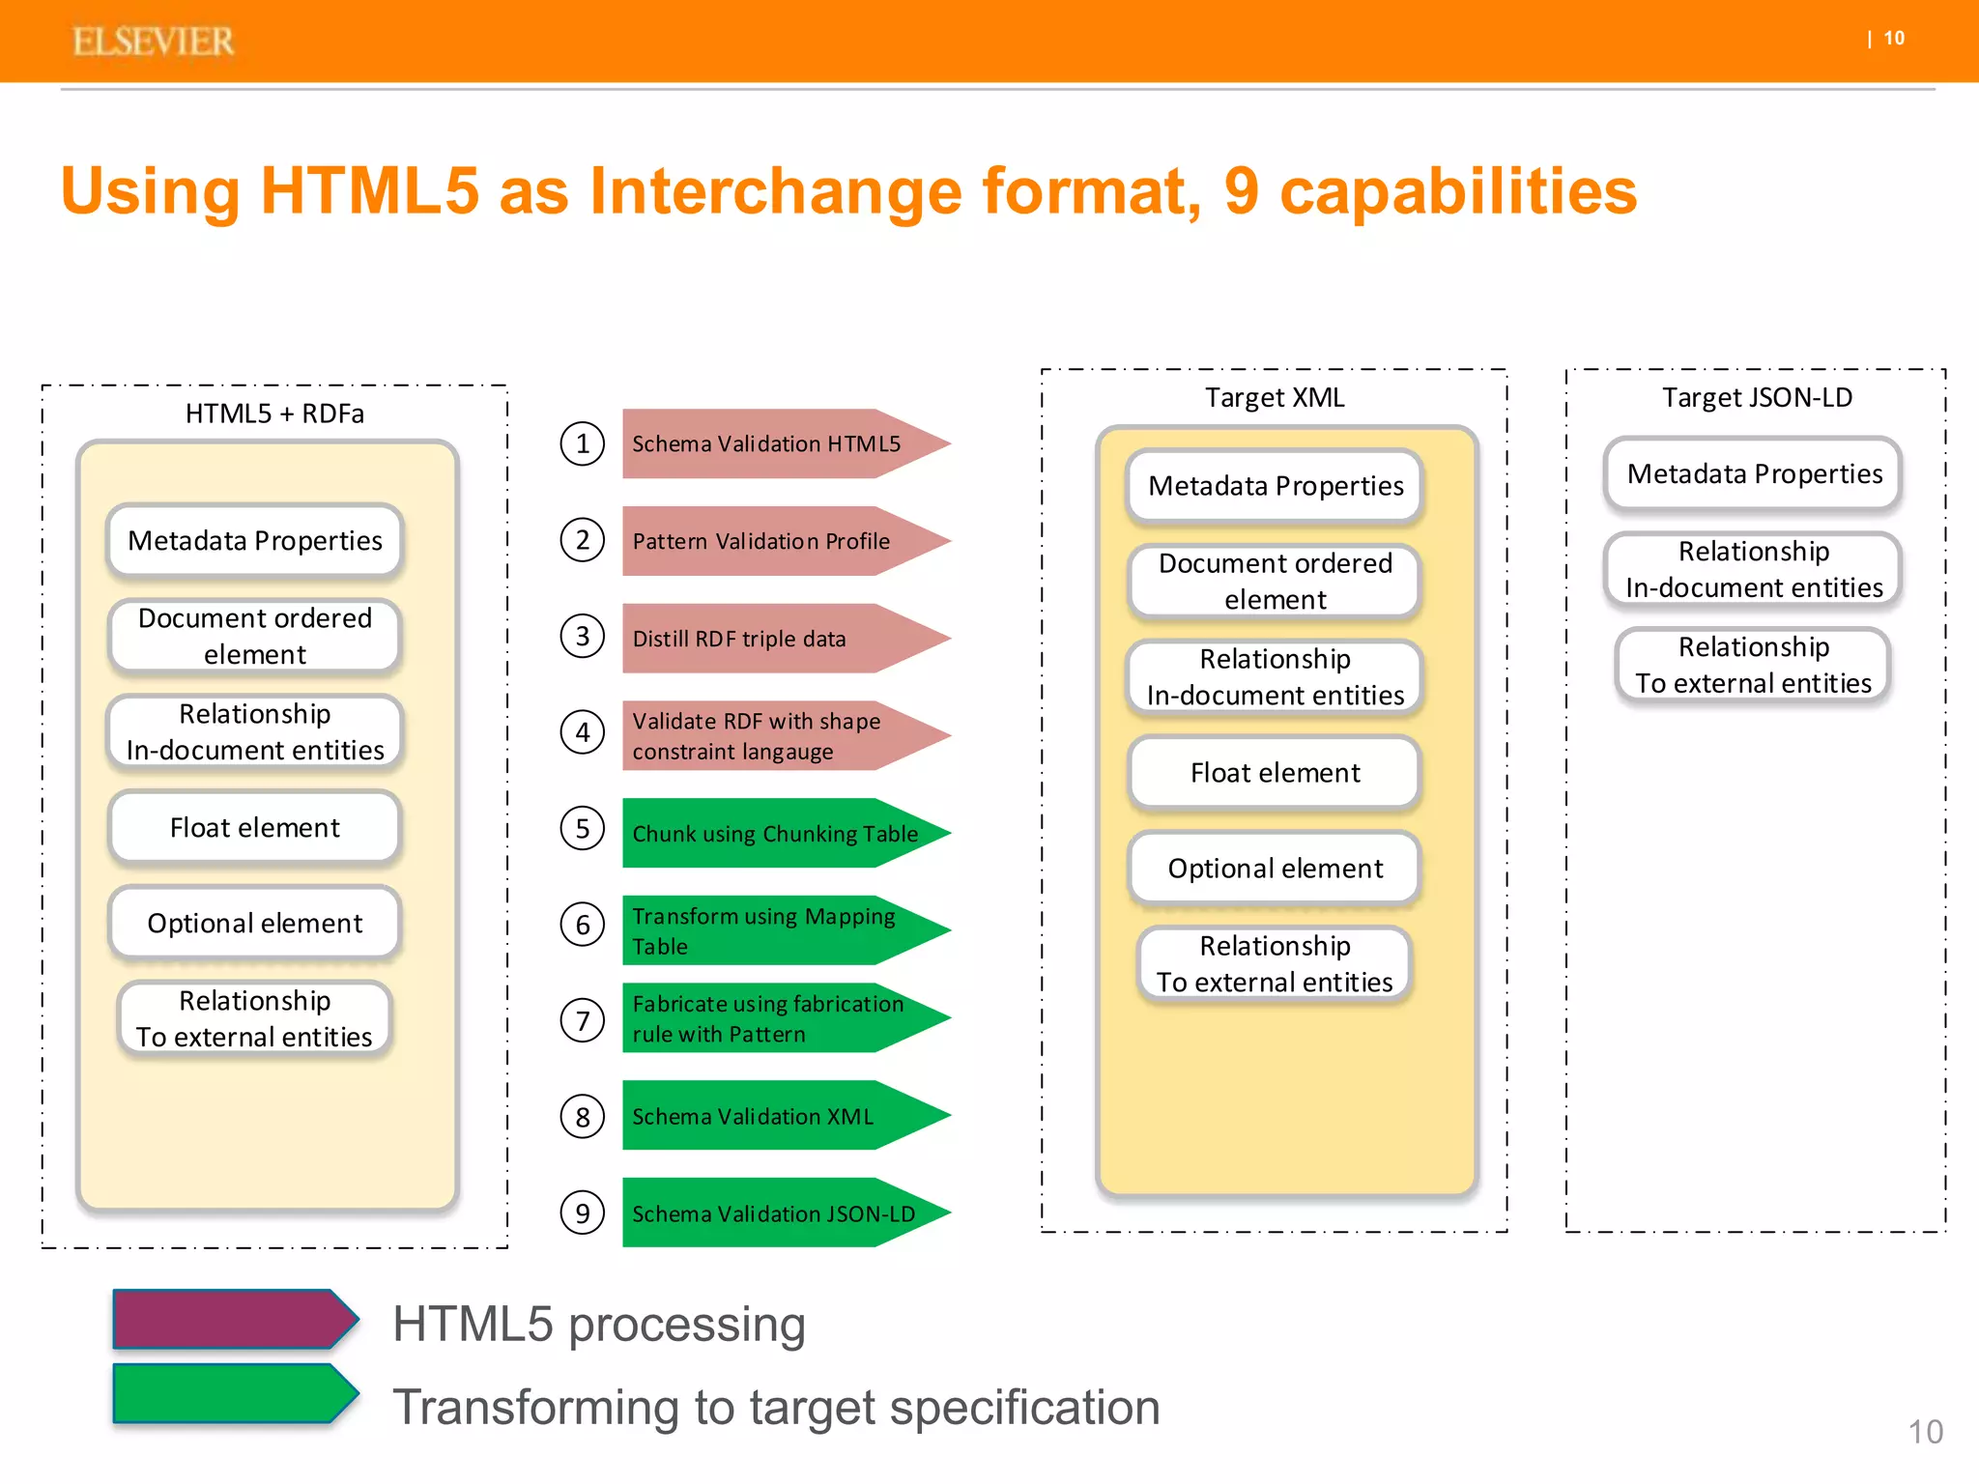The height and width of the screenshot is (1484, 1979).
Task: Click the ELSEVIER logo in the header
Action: point(153,42)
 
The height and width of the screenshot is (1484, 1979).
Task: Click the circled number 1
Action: point(583,443)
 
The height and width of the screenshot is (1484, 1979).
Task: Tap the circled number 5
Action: point(583,828)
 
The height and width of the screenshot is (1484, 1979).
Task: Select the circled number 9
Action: point(583,1213)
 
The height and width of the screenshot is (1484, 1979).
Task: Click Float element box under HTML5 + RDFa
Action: point(255,827)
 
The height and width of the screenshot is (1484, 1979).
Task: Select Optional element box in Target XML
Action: point(1275,868)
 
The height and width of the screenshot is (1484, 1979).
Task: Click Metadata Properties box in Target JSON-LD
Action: point(1754,473)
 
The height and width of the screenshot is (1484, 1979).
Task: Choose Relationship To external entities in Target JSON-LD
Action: point(1753,665)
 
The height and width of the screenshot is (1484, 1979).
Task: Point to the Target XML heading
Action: point(1275,397)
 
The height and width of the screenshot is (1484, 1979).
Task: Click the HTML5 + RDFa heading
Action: point(274,414)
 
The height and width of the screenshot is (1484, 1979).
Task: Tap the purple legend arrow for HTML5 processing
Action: point(232,1319)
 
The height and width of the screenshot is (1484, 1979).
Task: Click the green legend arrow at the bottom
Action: point(232,1393)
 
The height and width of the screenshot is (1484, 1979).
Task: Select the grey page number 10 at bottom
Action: point(1925,1432)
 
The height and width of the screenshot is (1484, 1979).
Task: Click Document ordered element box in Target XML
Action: point(1275,581)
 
